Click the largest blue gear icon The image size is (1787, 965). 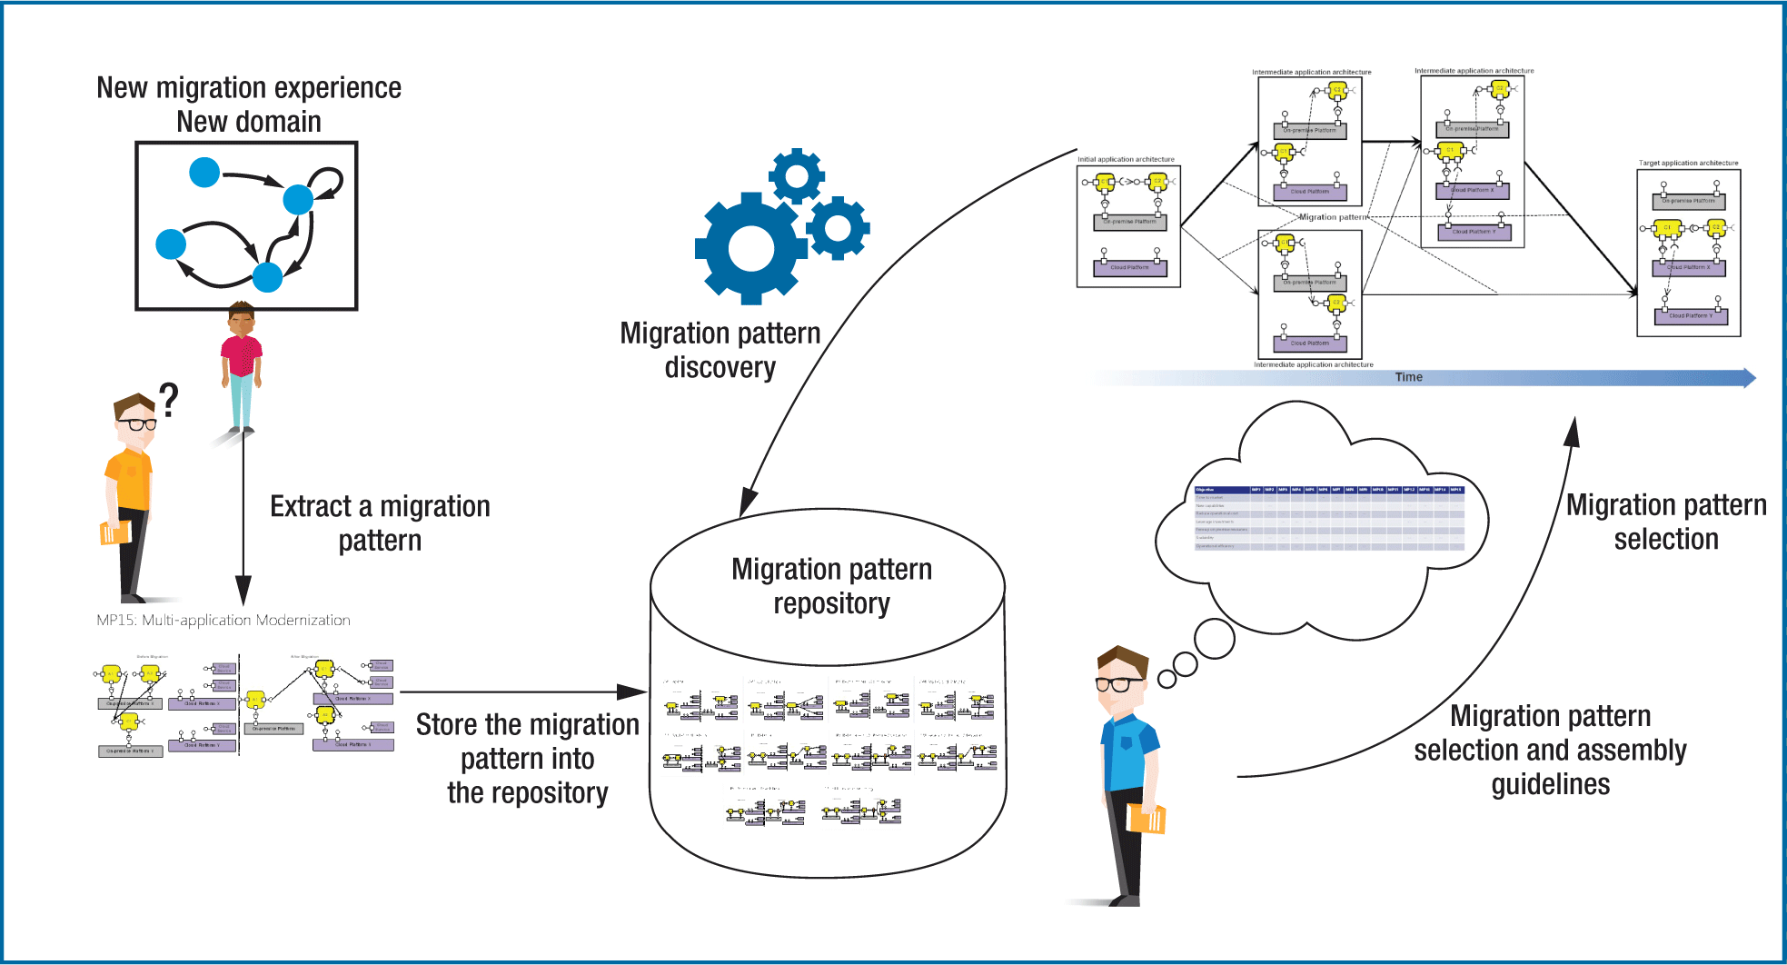[750, 248]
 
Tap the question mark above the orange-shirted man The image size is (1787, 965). [168, 400]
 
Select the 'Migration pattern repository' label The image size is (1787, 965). [831, 586]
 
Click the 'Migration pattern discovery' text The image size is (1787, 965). [720, 350]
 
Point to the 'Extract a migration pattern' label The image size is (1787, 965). [380, 522]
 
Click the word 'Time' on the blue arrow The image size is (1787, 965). [1408, 377]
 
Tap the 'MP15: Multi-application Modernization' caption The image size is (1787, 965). [223, 621]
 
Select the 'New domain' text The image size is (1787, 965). [249, 122]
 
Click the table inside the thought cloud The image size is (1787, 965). [1329, 519]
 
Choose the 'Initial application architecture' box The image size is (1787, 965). [1128, 226]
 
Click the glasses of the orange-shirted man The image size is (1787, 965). [136, 423]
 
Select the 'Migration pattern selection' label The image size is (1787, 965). [1666, 522]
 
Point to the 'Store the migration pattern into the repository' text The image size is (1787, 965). [528, 759]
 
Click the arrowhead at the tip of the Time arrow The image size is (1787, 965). [1749, 378]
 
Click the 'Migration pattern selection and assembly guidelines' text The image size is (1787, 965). [1550, 750]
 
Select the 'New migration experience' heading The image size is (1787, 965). [249, 88]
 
